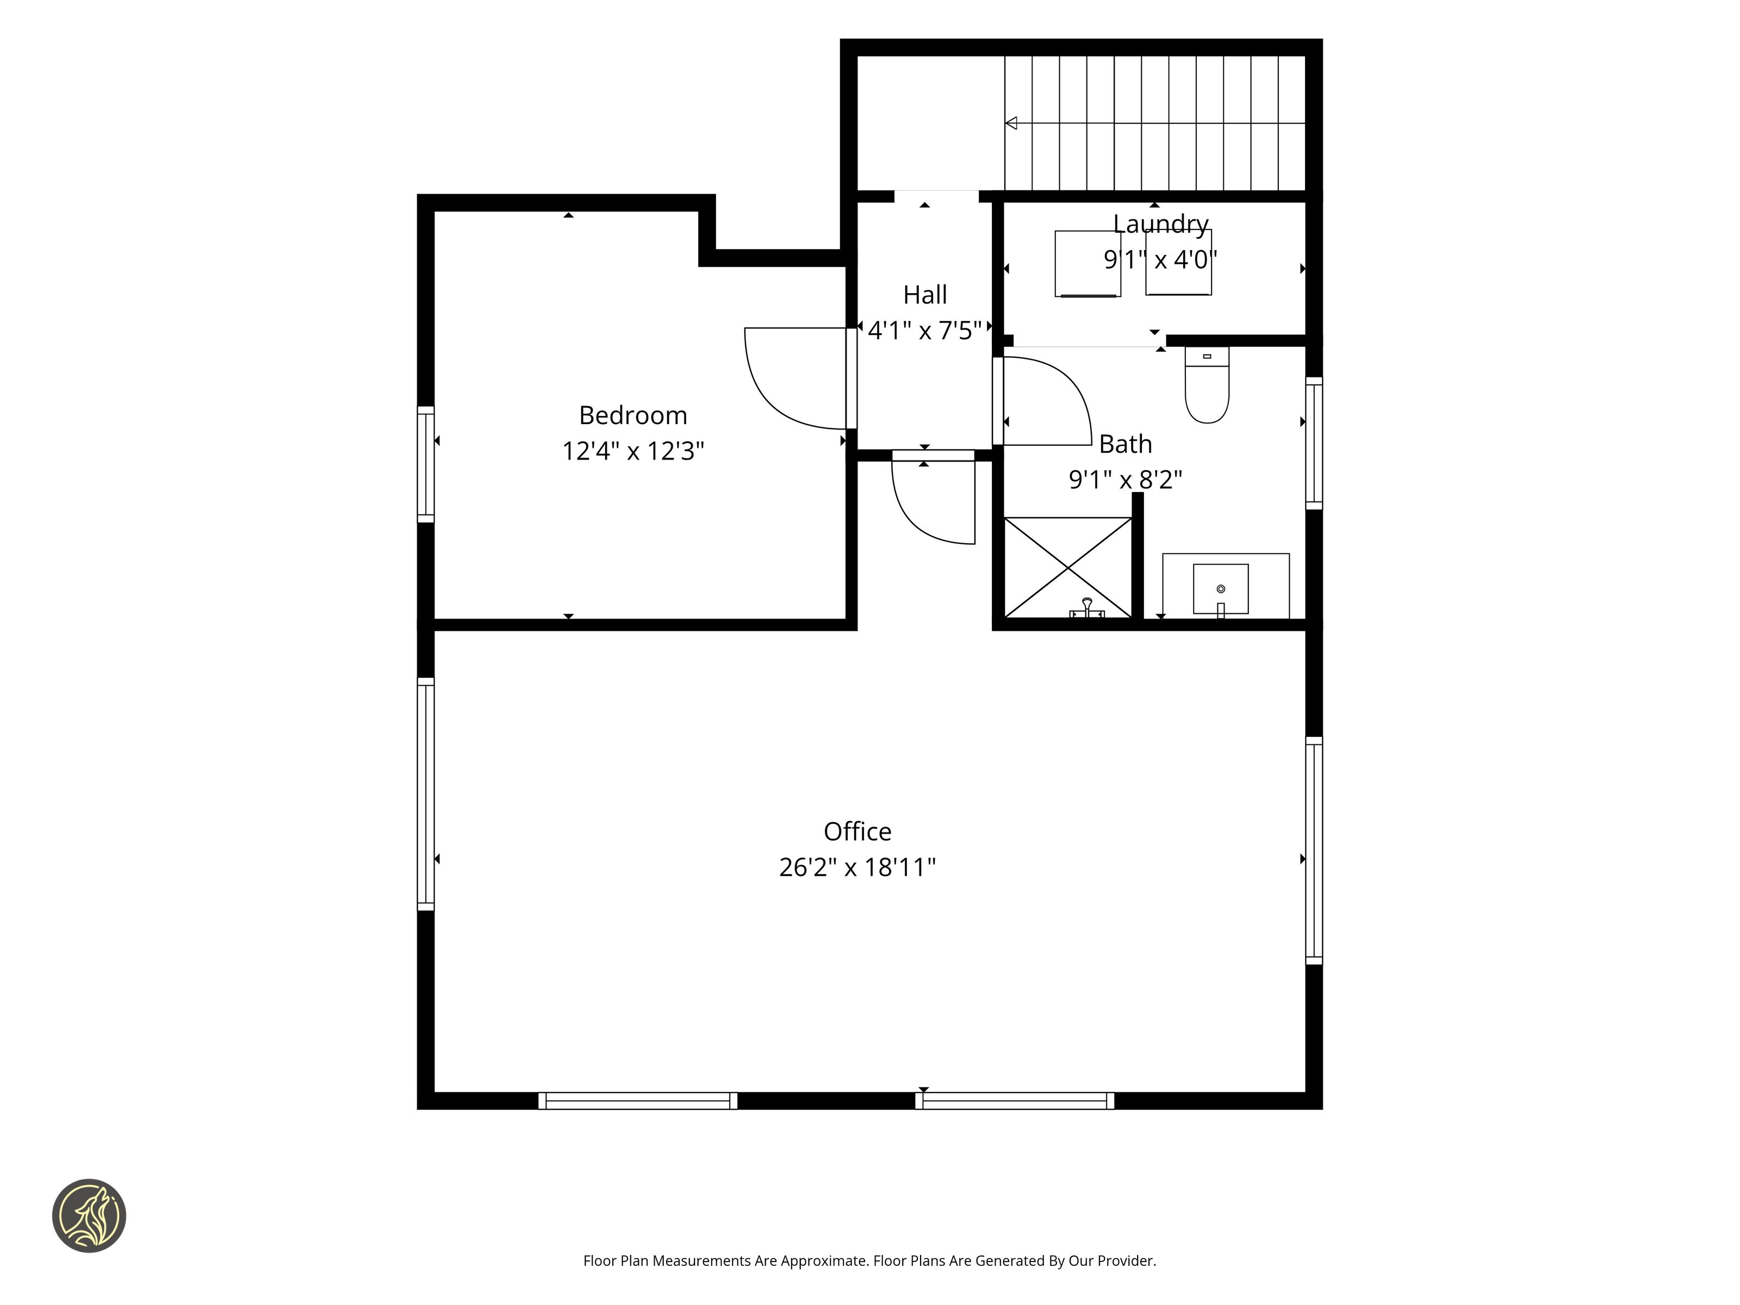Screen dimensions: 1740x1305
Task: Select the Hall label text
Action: pos(925,295)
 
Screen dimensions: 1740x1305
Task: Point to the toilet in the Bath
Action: pos(1207,386)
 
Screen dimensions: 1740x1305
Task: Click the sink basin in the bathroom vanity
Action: pos(1221,588)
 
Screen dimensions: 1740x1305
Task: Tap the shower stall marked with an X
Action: pos(1068,567)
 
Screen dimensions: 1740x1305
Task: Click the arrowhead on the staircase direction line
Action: pos(1011,123)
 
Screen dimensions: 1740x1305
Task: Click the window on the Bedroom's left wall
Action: pos(426,464)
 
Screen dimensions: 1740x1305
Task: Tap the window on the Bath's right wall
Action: pos(1314,443)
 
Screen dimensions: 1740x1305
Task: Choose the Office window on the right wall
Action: pos(1314,850)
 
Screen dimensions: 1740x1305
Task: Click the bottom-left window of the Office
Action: pos(638,1101)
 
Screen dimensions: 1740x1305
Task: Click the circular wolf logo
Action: pos(89,1215)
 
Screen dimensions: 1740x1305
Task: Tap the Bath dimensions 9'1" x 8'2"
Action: pos(1126,479)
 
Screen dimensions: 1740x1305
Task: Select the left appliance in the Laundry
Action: pos(1088,264)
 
